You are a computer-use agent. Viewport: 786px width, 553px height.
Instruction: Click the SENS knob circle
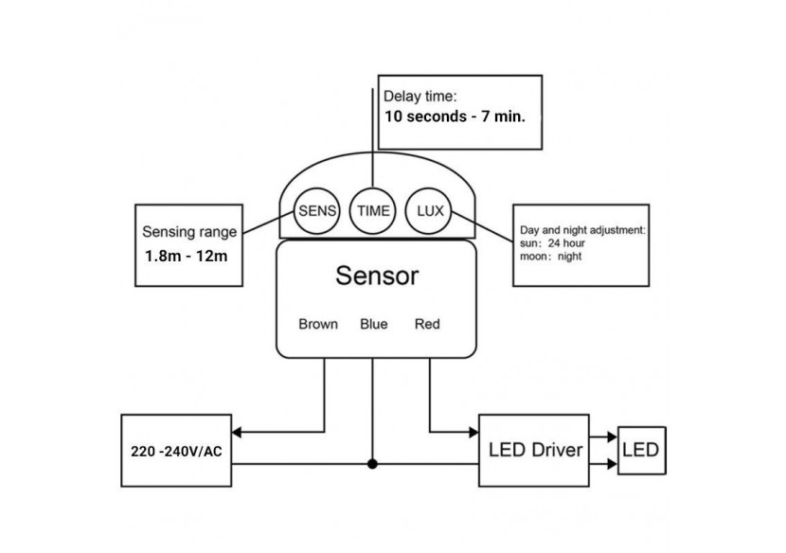click(x=316, y=211)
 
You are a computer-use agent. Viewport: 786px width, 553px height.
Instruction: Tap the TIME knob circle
click(x=372, y=211)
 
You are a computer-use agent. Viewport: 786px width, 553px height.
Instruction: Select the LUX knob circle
click(x=428, y=210)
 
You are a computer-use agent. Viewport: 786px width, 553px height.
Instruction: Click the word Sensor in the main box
click(x=376, y=276)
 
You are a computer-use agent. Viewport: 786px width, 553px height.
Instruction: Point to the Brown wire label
click(x=317, y=324)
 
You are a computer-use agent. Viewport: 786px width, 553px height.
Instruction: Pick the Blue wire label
click(x=373, y=324)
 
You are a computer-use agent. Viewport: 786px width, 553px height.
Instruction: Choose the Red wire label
click(x=427, y=324)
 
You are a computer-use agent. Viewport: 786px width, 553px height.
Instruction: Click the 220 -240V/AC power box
click(x=178, y=450)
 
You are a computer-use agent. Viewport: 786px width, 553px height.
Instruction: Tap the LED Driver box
click(x=535, y=449)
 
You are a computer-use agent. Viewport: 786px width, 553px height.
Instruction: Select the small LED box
click(x=643, y=449)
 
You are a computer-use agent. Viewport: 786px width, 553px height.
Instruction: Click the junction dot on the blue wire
click(x=372, y=464)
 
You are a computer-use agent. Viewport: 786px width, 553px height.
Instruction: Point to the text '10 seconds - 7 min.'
click(x=455, y=118)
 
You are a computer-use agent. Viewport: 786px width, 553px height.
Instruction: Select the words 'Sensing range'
click(x=189, y=232)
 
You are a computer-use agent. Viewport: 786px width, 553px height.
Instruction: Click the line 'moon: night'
click(x=551, y=256)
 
